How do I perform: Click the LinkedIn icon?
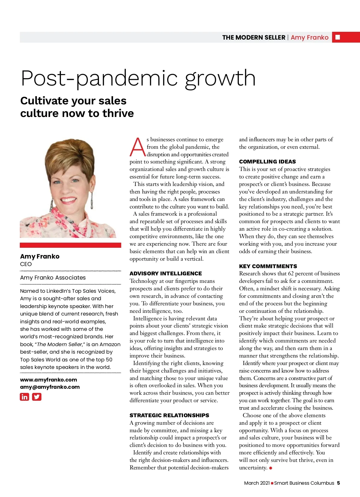point(24,397)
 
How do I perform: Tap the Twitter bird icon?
point(37,397)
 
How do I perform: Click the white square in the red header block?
point(337,37)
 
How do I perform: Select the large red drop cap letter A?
point(137,147)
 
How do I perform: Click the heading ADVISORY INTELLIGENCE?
point(166,274)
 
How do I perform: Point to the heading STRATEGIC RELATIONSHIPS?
point(169,415)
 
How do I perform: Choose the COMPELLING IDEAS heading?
point(267,162)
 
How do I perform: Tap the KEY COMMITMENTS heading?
point(268,266)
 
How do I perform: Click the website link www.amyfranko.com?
point(49,380)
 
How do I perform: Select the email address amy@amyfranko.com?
point(50,387)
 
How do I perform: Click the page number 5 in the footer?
point(338,483)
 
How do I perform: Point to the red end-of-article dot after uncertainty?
point(271,468)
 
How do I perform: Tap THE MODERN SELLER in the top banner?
point(253,37)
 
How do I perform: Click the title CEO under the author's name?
point(26,264)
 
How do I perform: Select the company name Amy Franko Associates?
point(53,278)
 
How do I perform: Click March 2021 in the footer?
point(257,483)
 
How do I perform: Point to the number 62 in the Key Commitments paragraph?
point(291,274)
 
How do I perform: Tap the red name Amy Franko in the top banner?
point(309,37)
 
